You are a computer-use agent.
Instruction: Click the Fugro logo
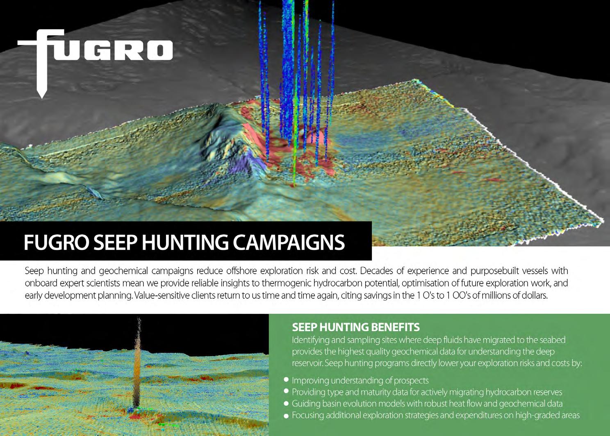pos(95,63)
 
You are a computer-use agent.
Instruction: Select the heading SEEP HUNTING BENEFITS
pos(356,327)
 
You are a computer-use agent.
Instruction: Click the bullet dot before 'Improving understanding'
pos(286,379)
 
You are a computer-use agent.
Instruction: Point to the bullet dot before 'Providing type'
pos(286,391)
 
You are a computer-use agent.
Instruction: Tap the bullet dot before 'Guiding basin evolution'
pos(286,403)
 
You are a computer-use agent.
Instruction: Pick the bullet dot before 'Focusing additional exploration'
pos(286,416)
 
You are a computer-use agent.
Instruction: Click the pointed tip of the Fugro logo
pos(42,98)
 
